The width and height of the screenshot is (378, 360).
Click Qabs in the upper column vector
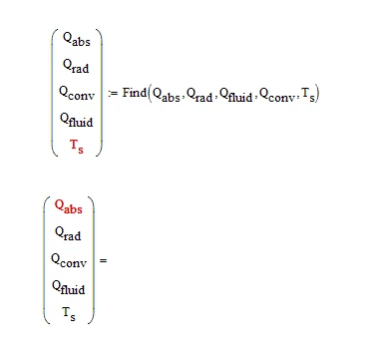[x=77, y=40]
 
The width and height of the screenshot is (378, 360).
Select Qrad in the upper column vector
[x=76, y=66]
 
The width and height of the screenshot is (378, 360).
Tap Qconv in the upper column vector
[x=77, y=93]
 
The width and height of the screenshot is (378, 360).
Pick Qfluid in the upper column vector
[x=76, y=120]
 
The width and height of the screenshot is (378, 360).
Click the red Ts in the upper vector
[x=77, y=147]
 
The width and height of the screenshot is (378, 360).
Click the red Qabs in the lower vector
[x=69, y=206]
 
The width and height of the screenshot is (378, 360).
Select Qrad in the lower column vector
[x=68, y=233]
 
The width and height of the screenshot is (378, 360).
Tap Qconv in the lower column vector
[x=69, y=260]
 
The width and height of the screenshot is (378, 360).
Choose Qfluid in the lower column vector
[x=68, y=287]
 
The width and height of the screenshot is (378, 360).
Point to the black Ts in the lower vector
[x=69, y=314]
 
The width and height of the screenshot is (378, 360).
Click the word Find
[x=135, y=92]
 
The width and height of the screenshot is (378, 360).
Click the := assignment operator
[x=113, y=94]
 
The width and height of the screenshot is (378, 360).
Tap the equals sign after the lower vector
[x=103, y=260]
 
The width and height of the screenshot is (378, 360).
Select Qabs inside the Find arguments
[x=167, y=95]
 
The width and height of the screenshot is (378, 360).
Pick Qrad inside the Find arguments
[x=199, y=95]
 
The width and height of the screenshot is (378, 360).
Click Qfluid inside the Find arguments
[x=236, y=95]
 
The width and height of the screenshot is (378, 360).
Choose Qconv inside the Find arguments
[x=277, y=95]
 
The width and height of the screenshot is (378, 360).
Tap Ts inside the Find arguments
[x=308, y=95]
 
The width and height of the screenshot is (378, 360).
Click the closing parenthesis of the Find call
[x=317, y=94]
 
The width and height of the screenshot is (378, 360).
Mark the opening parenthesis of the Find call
[x=150, y=94]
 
